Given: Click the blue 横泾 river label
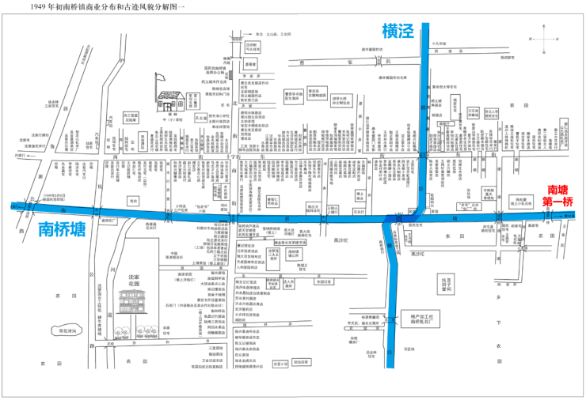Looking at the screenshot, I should click(x=398, y=32).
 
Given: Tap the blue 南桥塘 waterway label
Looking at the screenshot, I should click(x=62, y=230).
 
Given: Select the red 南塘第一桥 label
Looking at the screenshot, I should click(x=560, y=196).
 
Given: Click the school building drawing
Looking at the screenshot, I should click(x=171, y=99).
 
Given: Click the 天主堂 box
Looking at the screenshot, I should click(x=201, y=118).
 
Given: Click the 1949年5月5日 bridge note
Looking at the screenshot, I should click(x=58, y=197).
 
